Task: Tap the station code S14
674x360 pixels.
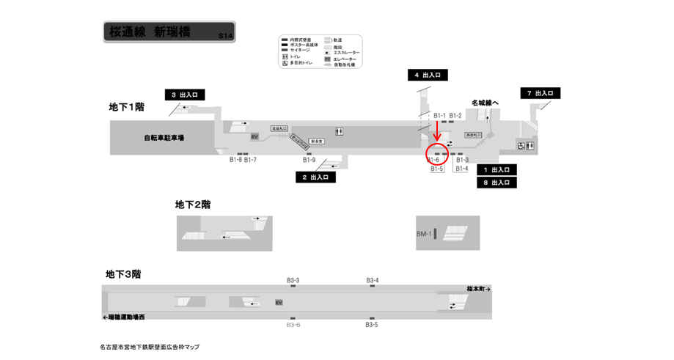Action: pos(225,36)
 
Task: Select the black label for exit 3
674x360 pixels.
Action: pos(184,95)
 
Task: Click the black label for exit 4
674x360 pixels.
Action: pos(428,75)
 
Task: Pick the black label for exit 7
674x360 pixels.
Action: pos(541,93)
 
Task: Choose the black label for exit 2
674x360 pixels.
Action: pos(315,177)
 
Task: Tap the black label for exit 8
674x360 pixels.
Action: pos(497,183)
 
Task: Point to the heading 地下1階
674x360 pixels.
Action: pos(126,107)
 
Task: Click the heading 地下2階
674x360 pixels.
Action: pos(193,205)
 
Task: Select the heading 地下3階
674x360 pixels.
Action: pos(122,274)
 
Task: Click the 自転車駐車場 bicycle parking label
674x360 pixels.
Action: pos(164,138)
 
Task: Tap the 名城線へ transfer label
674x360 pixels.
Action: pos(485,103)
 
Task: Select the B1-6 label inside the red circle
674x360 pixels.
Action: pos(433,160)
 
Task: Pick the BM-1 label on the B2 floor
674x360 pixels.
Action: pos(424,235)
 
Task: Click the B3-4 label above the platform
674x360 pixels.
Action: pos(373,280)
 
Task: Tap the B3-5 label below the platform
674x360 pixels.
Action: pos(372,325)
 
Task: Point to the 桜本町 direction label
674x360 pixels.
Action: pos(477,290)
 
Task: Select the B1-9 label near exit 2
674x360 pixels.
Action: pos(309,161)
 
